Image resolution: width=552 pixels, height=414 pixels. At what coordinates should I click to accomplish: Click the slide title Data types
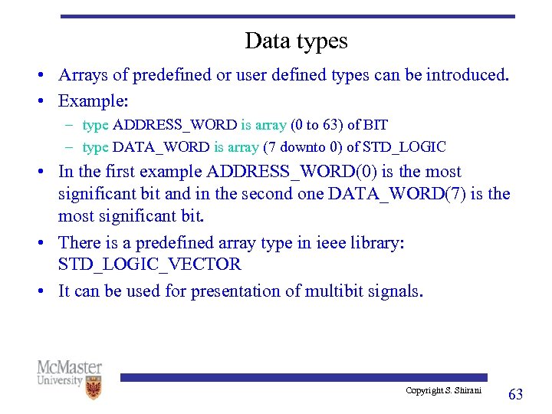296,41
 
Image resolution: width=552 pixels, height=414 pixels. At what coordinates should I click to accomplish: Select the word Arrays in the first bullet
84,76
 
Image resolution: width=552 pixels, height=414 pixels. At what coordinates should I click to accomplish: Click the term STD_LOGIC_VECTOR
149,264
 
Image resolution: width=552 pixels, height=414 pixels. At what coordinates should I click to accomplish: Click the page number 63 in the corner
516,394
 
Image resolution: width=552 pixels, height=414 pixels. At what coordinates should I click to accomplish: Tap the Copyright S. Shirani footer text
444,391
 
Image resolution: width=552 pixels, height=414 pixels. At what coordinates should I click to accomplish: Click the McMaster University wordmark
68,373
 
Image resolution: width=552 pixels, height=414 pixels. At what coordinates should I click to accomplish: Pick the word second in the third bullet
269,194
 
